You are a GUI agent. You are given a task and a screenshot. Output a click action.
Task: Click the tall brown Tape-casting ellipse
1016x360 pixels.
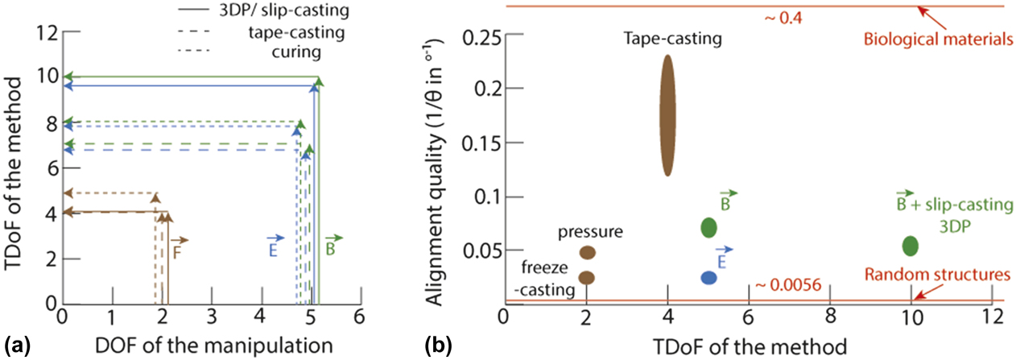(667, 115)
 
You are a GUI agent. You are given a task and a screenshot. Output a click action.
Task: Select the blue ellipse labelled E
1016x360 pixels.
(708, 277)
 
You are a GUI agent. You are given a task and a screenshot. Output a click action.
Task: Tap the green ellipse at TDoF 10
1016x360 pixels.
(910, 245)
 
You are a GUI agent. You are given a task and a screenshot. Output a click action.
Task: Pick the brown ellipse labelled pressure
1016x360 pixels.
(587, 252)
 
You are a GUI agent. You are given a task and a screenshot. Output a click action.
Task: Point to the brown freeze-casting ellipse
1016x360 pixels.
(587, 277)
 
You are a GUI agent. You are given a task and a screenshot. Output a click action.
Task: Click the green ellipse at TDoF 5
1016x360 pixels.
(708, 227)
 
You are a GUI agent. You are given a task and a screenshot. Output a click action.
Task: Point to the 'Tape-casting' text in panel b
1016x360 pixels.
(665, 37)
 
